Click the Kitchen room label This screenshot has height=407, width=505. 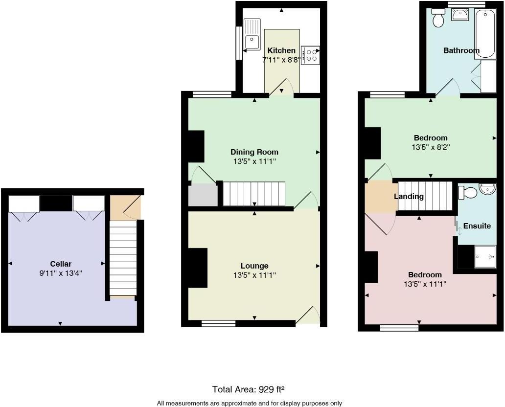click(281, 50)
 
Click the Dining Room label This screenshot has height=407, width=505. click(254, 152)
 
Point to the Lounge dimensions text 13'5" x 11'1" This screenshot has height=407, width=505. click(254, 275)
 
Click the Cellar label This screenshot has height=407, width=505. click(61, 264)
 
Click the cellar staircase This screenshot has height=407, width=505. click(122, 259)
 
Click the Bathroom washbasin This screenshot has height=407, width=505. click(459, 16)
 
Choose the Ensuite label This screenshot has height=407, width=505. click(477, 226)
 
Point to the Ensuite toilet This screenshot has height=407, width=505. click(468, 193)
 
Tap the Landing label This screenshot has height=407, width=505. click(409, 197)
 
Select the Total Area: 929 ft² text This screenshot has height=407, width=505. click(249, 389)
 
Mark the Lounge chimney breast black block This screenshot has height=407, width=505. click(198, 268)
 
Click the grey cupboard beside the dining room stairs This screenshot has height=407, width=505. click(203, 195)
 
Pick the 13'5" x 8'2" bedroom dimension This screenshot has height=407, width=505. click(431, 147)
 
